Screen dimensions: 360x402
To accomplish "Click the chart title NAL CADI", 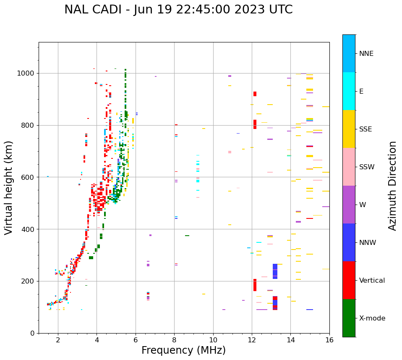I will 178,10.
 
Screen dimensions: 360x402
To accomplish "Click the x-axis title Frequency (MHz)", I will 183,350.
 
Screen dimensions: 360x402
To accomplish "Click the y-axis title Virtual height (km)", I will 9,187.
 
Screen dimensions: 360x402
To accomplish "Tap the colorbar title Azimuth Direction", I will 392,185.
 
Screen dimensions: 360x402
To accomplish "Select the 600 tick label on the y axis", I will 28,177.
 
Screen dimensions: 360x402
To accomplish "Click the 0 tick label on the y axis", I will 32,333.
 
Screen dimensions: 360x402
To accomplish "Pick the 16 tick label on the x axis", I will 329,340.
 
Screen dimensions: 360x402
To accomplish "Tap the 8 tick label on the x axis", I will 174,340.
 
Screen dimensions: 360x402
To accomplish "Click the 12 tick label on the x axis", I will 252,340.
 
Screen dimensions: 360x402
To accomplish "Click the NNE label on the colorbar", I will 366,54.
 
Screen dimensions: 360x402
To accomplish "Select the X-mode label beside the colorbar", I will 372,318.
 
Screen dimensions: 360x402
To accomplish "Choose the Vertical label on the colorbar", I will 372,281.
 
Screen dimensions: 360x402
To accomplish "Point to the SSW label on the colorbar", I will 367,167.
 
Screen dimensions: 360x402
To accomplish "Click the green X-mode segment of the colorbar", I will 349,318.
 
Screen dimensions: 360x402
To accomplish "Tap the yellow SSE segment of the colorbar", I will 349,129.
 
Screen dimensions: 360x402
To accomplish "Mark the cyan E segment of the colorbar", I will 349,91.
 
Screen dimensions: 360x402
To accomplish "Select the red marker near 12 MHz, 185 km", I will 255,285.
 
